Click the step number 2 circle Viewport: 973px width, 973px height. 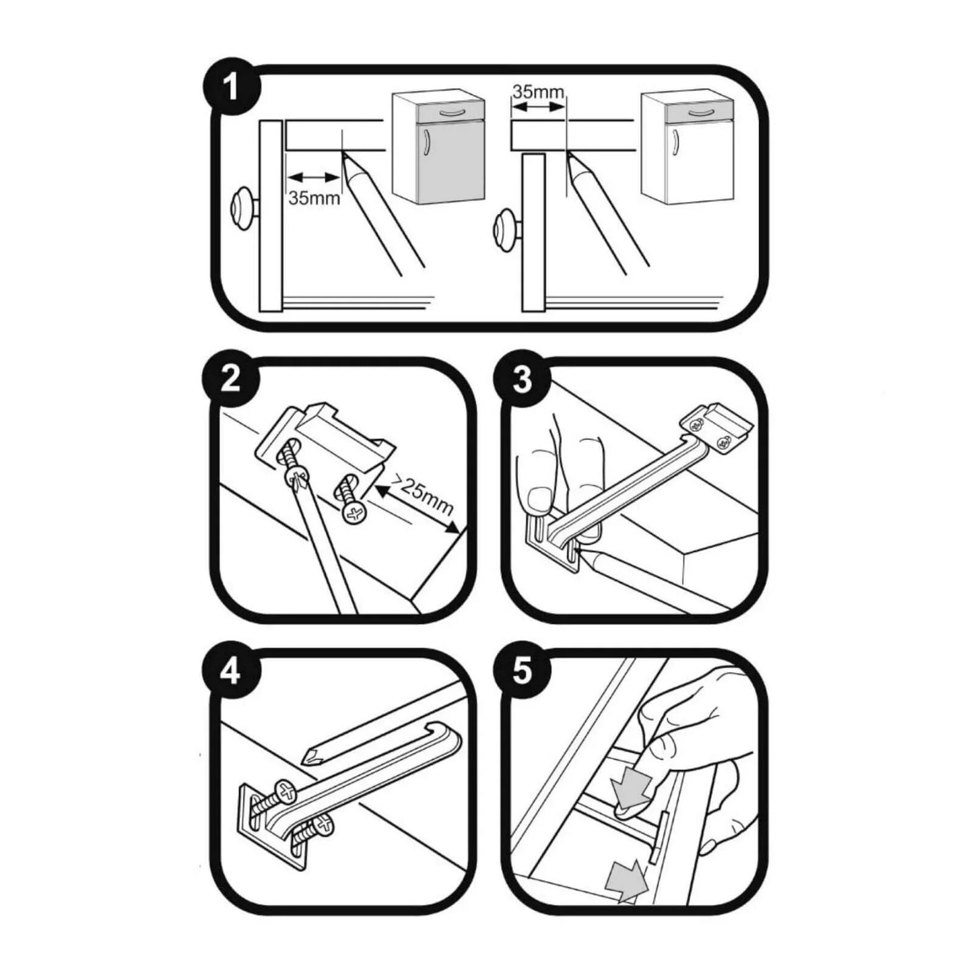(x=231, y=381)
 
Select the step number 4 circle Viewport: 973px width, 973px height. (x=231, y=673)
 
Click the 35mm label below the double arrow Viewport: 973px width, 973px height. (x=314, y=198)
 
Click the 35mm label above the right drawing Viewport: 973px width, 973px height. (x=537, y=92)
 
